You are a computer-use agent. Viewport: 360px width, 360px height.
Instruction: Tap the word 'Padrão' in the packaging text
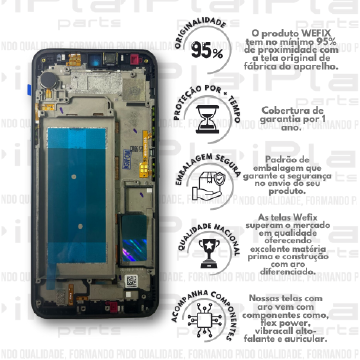(285, 160)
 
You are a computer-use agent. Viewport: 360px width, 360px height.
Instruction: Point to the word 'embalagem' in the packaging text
(288, 170)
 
